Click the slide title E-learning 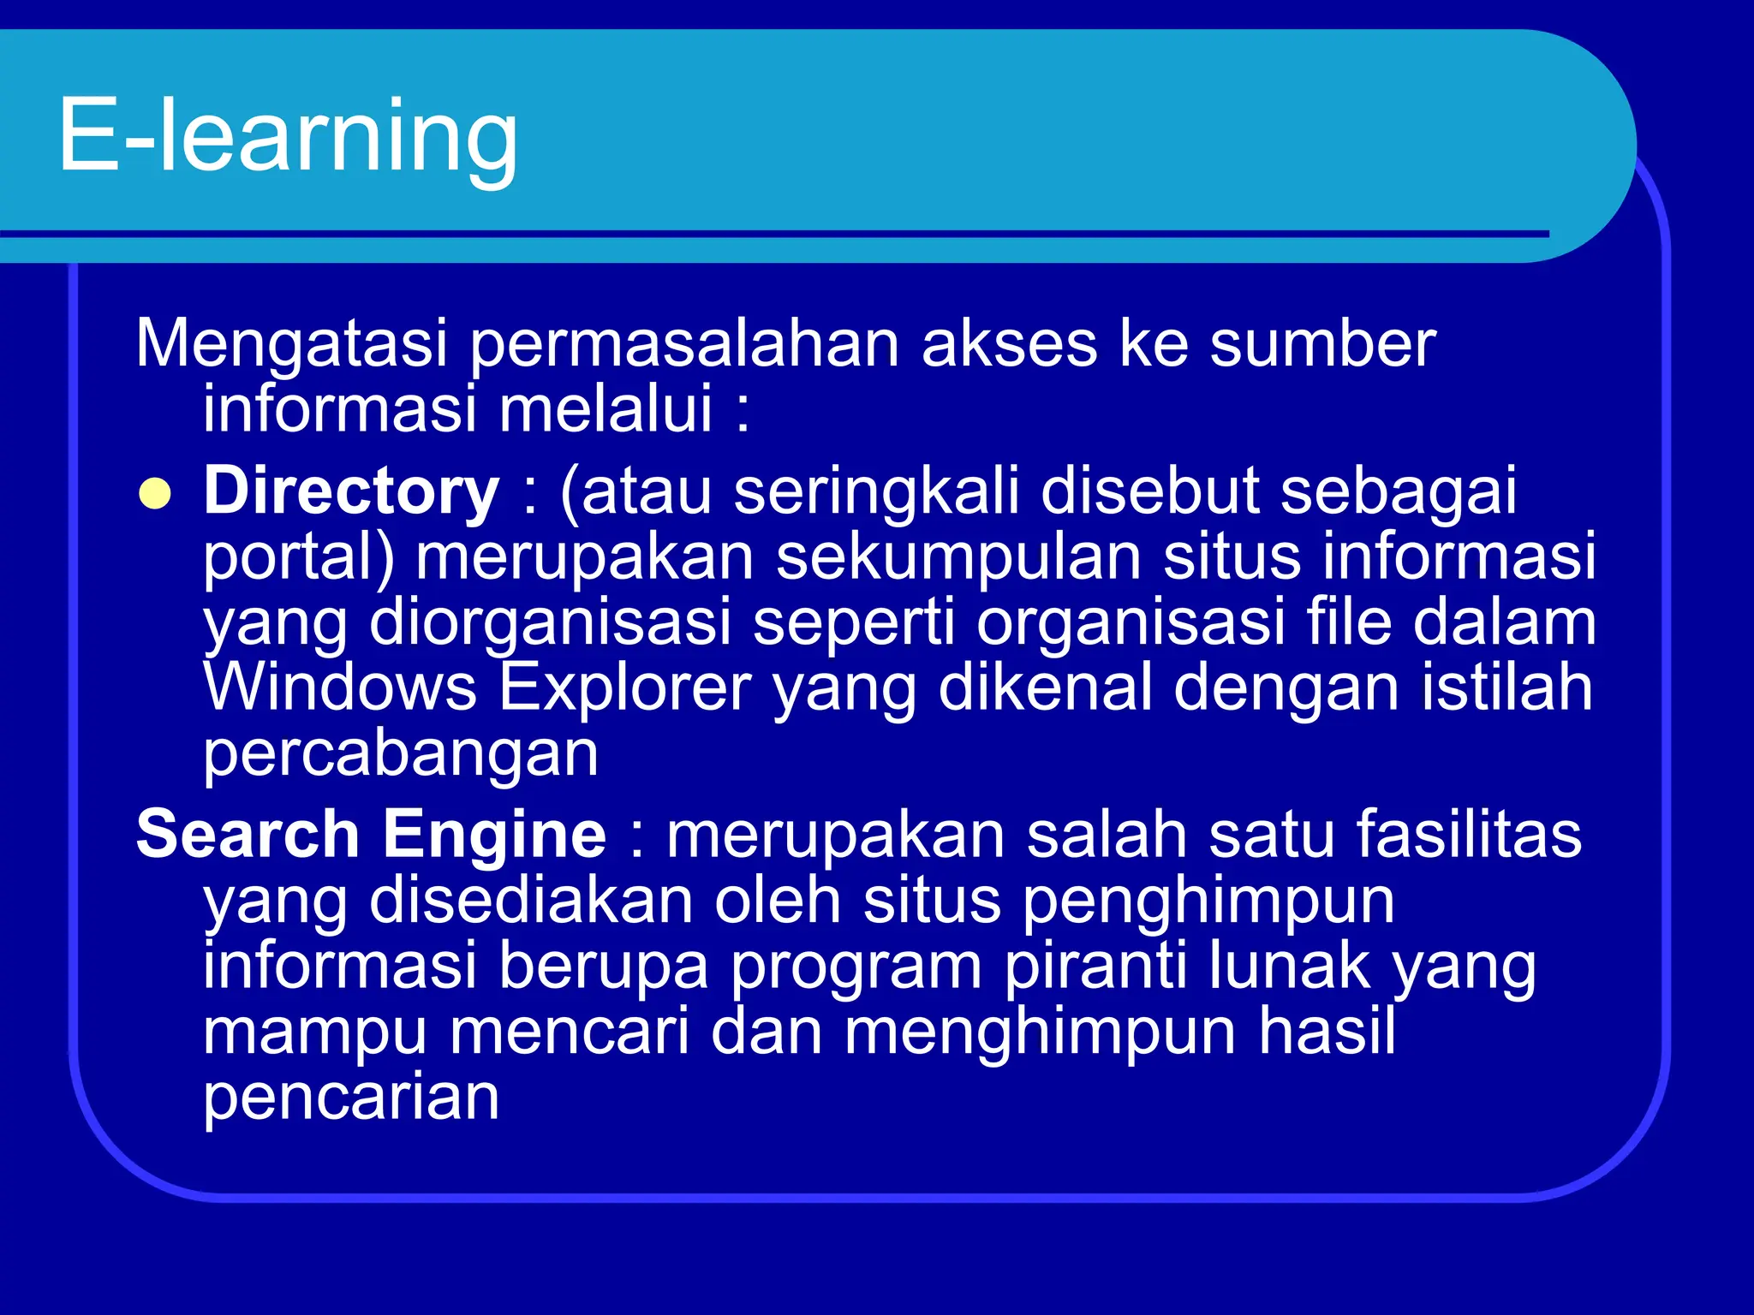288,134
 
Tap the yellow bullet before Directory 155,494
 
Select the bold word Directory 351,491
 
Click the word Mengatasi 291,344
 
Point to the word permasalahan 684,344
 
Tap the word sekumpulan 958,557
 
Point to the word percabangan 400,754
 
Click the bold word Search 248,834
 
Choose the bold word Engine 494,836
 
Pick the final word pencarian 351,1097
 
